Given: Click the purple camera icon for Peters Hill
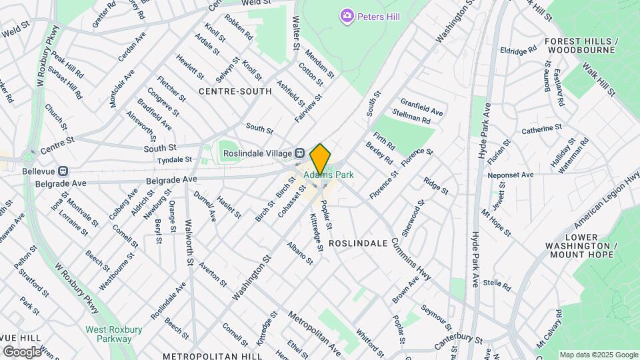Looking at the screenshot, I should (x=346, y=15).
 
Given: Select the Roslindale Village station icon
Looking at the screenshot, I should (x=300, y=153).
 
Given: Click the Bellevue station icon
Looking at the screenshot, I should (x=63, y=171).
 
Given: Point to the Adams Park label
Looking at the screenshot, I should (x=329, y=175).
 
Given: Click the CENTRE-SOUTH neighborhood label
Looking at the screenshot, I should (x=235, y=91).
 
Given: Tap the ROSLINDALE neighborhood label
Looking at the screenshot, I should (x=358, y=243).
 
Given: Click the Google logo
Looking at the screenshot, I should (x=22, y=351).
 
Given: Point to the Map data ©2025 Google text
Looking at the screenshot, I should (x=598, y=355).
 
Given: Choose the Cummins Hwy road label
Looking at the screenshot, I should (x=411, y=257).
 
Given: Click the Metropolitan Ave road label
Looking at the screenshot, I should (x=315, y=332).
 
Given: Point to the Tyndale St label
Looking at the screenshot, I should (x=174, y=160).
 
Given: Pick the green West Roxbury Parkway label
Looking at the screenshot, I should (x=108, y=334).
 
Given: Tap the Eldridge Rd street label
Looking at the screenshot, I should (x=519, y=49).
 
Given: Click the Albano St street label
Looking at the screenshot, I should (x=300, y=253).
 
